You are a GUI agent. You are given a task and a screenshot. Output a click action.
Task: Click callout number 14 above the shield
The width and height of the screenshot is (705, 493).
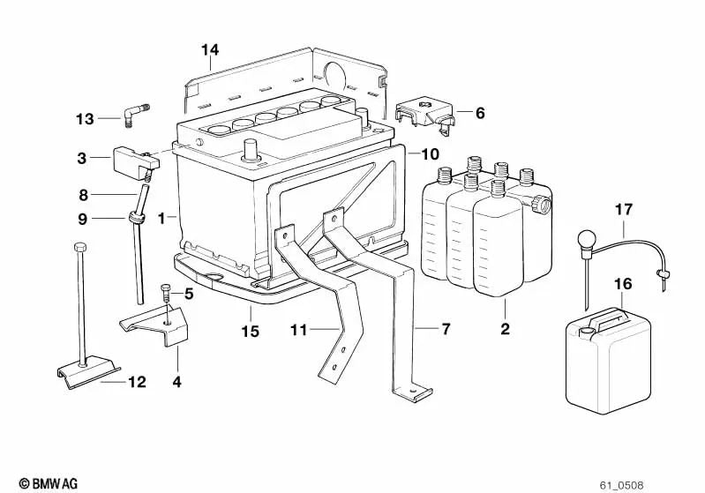209,49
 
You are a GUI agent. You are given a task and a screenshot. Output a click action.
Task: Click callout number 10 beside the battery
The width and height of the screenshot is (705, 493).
430,153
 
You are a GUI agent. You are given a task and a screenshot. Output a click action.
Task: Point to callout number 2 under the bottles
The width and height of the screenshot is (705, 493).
504,331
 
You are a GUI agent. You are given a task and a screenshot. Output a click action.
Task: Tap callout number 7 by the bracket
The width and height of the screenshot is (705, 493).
446,329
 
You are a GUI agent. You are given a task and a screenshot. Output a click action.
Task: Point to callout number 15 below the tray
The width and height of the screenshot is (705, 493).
251,331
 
